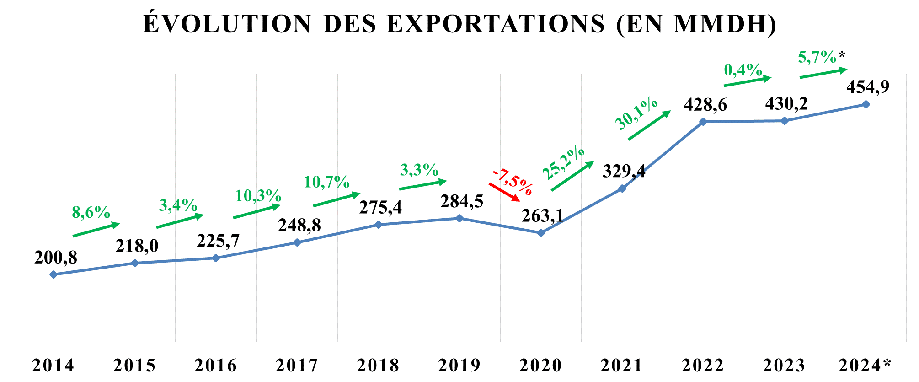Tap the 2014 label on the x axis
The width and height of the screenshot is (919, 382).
point(53,366)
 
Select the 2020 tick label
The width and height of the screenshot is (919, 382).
point(540,366)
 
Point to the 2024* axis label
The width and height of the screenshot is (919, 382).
point(865,366)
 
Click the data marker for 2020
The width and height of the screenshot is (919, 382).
point(541,233)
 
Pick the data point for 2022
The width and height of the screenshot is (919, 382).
point(703,122)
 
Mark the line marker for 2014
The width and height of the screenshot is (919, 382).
point(53,274)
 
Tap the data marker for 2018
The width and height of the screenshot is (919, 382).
point(379,225)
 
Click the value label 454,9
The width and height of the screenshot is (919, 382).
point(868,86)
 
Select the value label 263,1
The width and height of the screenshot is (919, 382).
point(543,215)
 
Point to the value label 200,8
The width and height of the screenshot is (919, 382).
point(56,258)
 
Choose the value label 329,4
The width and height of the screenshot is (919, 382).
point(624,171)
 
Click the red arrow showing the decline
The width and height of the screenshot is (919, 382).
point(504,192)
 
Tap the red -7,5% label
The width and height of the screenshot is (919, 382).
point(513,182)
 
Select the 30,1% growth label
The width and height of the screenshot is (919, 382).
point(636,113)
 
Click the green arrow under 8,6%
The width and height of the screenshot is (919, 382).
point(96,230)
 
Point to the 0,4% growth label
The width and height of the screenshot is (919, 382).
point(743,70)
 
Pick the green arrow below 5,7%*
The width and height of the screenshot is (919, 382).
point(823,73)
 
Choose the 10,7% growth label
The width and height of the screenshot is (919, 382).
point(326,182)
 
